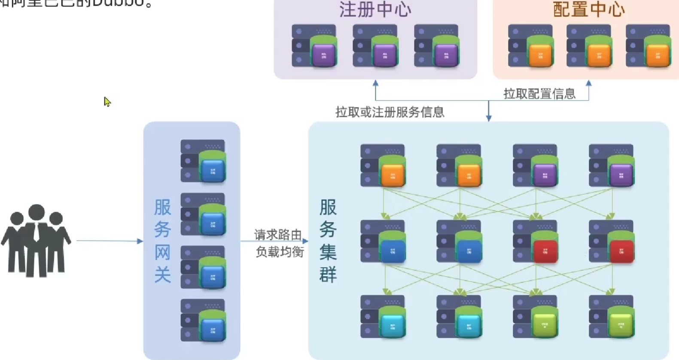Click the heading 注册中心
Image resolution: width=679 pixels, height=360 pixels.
click(x=375, y=10)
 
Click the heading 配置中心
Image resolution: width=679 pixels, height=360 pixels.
click(x=589, y=10)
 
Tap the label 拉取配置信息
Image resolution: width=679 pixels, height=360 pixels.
click(x=539, y=94)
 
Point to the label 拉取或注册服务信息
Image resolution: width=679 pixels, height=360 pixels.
click(x=390, y=113)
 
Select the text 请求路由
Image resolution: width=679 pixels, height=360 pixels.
click(x=278, y=235)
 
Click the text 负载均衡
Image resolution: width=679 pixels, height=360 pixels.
click(x=280, y=252)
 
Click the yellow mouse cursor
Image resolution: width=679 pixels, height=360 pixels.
click(x=107, y=102)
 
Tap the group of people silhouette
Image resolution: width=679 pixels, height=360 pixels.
click(x=36, y=241)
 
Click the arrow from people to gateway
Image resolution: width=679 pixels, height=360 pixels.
click(x=110, y=241)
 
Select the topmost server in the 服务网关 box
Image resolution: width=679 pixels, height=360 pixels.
click(x=203, y=161)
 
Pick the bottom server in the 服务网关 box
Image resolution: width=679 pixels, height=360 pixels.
click(x=203, y=320)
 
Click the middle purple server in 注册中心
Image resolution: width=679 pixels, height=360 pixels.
click(x=375, y=46)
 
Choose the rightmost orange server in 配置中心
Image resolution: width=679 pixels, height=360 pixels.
click(x=648, y=46)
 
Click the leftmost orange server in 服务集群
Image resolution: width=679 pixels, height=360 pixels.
click(x=383, y=165)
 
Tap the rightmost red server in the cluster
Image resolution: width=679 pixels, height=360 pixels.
click(x=612, y=241)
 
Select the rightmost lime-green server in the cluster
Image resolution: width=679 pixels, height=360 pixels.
click(x=612, y=317)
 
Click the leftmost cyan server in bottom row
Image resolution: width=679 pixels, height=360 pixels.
click(x=383, y=317)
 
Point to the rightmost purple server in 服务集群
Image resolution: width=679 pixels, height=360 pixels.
click(x=612, y=165)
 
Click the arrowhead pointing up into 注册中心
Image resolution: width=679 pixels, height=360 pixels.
click(x=376, y=83)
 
